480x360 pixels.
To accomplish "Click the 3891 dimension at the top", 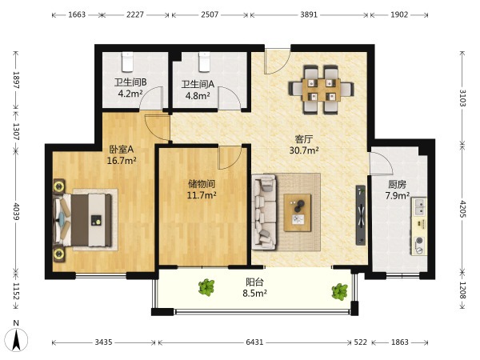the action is coord(309,14).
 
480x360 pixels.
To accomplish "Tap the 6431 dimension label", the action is coord(254,342).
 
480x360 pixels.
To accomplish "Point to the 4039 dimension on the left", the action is coord(16,211).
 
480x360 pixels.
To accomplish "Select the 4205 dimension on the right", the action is coord(463,209).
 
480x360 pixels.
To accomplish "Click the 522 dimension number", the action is coord(361,342).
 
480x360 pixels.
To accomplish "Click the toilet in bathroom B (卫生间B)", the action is coord(128,62).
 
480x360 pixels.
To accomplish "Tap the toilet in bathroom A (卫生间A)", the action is coord(204,62).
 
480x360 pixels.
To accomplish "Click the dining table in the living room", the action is coord(321,90).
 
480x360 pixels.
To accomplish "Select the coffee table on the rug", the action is coord(298,213).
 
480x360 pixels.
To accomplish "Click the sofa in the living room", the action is coord(264,212).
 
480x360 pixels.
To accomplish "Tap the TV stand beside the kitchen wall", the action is coord(361,215).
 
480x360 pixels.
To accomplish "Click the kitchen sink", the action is coord(418,206).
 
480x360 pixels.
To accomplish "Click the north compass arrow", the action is coord(16,339).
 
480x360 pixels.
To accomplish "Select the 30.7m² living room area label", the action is coord(304,150).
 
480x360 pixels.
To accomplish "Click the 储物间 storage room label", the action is coord(202,184).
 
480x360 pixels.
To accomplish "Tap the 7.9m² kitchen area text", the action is coord(398,195).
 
